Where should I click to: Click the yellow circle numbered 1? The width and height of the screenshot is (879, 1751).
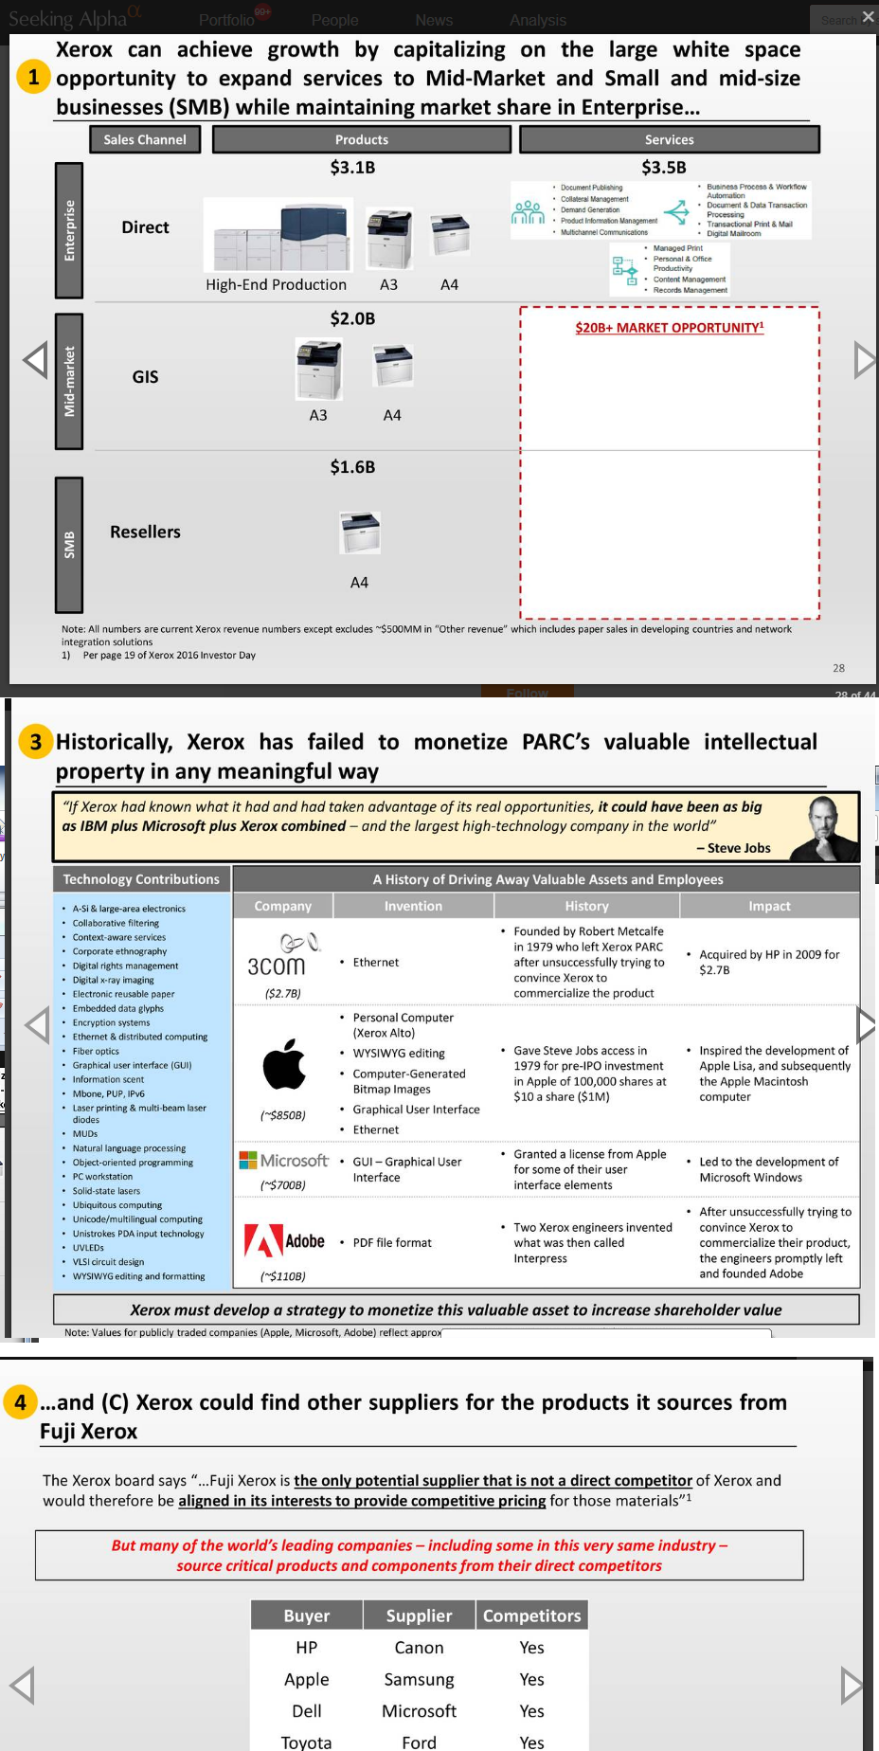(x=33, y=77)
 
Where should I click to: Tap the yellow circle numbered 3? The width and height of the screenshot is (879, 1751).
(x=36, y=742)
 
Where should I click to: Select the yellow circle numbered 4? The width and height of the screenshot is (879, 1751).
(x=21, y=1401)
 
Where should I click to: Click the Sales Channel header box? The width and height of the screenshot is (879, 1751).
(x=145, y=139)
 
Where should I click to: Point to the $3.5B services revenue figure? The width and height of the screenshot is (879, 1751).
(x=663, y=168)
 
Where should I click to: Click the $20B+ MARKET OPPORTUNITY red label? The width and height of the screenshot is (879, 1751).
(x=669, y=328)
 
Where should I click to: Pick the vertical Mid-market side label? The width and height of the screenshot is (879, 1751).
(x=69, y=381)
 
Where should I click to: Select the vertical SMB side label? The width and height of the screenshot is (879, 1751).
(x=69, y=545)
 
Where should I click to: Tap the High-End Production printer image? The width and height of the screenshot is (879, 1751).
(x=279, y=237)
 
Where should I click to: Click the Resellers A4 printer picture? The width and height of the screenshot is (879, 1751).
(x=360, y=533)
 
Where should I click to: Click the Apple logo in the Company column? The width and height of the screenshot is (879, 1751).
(x=284, y=1064)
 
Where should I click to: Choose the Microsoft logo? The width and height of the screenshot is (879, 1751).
(x=283, y=1161)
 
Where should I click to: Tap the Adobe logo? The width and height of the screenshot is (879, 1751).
(x=284, y=1241)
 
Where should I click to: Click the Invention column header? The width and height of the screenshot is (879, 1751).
(x=413, y=906)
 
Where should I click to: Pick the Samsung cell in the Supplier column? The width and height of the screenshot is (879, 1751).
(x=419, y=1679)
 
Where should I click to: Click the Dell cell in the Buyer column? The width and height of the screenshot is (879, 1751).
(x=307, y=1711)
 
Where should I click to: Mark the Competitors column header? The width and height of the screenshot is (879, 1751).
(x=531, y=1616)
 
